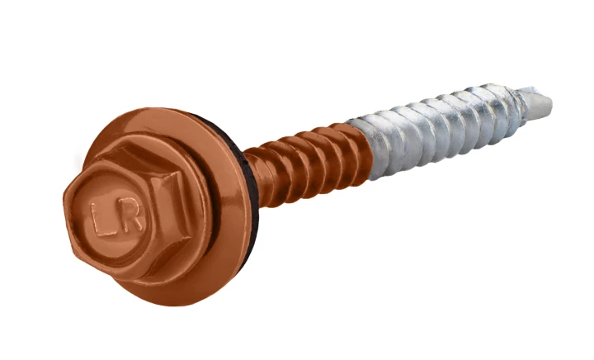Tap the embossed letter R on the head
pos(131,217)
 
